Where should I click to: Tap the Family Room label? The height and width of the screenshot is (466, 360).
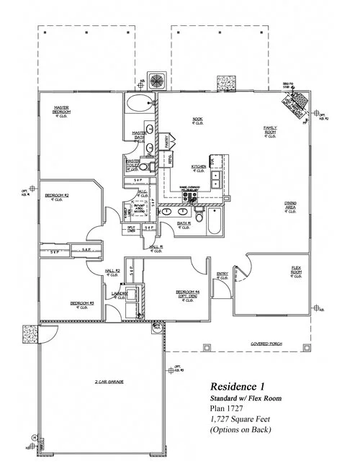(x=270, y=131)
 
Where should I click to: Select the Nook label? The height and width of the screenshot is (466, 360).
(x=197, y=119)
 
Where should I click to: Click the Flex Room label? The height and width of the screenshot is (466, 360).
(x=296, y=269)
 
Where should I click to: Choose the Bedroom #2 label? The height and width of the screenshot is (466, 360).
(x=56, y=195)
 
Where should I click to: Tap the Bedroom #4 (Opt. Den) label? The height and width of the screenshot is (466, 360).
(x=186, y=292)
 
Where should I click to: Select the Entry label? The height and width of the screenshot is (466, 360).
(x=222, y=273)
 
